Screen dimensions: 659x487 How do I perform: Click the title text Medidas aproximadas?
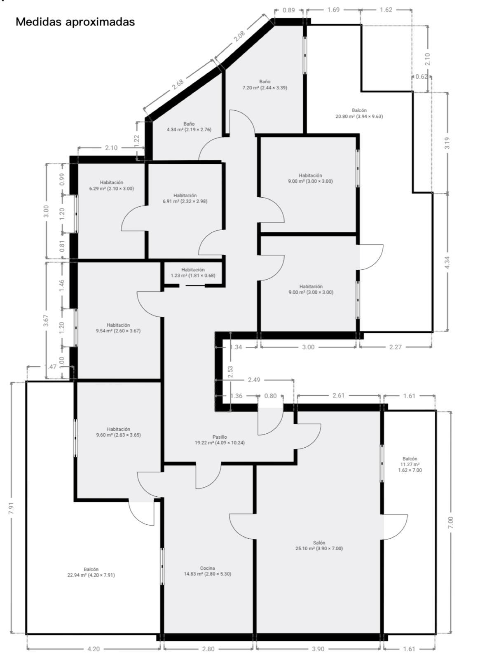coord(75,22)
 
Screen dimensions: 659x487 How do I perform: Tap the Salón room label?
coord(319,545)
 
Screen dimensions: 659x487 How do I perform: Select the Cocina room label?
coord(207,571)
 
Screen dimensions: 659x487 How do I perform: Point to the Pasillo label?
coord(220,440)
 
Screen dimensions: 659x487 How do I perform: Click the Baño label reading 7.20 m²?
coord(265,84)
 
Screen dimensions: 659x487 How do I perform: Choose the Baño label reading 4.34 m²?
coord(189,126)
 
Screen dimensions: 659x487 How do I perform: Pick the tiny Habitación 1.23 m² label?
coord(193,273)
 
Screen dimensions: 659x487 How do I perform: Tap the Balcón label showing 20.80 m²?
coord(359,113)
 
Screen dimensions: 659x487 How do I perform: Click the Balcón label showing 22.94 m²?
coord(91,572)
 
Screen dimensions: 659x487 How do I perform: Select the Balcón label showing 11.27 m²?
coord(410,464)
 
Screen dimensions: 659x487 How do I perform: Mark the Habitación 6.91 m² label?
coord(190,199)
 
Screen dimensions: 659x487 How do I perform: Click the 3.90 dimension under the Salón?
coord(318,649)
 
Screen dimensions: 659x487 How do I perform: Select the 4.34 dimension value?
coord(447,263)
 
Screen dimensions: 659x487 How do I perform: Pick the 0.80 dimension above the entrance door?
coord(270,396)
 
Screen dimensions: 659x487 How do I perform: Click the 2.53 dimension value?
coord(230,372)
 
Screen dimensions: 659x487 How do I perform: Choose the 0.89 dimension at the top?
coord(289,10)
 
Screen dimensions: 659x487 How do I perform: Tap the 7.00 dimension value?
coord(450,522)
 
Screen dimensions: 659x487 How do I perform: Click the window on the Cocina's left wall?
coord(162,566)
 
